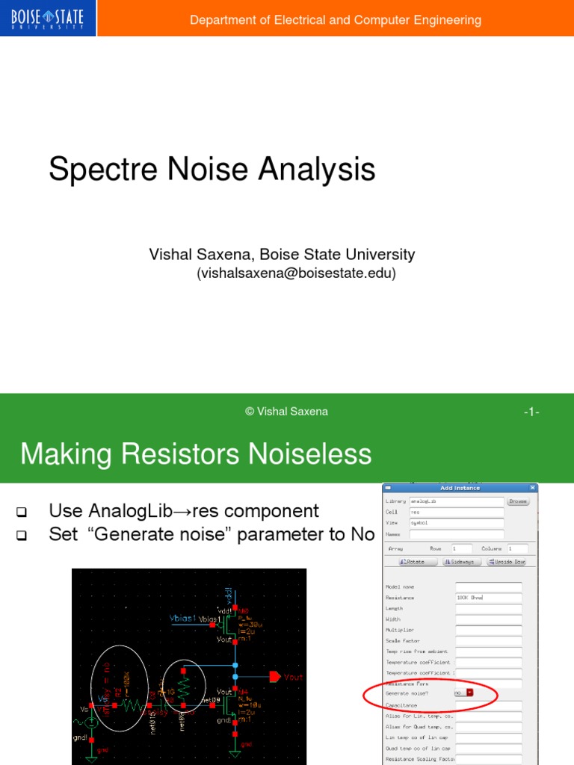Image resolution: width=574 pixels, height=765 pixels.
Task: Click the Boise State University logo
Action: [49, 18]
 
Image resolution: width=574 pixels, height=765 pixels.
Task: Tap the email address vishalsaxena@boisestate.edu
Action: [296, 273]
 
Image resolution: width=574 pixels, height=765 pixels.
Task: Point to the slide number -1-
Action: [531, 412]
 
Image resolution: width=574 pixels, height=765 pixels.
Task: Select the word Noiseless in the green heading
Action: [315, 454]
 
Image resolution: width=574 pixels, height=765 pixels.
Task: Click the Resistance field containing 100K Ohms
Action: [488, 598]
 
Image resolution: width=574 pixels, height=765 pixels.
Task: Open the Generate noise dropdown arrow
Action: [469, 693]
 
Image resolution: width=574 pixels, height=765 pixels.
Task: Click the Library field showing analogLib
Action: [456, 501]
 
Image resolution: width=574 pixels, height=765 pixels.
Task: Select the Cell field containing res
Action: [456, 512]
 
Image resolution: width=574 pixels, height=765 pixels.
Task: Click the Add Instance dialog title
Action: [460, 488]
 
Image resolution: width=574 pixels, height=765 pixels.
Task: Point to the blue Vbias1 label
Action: [182, 619]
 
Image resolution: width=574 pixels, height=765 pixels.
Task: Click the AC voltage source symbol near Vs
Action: [91, 722]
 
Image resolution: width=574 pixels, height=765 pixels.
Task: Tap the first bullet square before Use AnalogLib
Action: [21, 512]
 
